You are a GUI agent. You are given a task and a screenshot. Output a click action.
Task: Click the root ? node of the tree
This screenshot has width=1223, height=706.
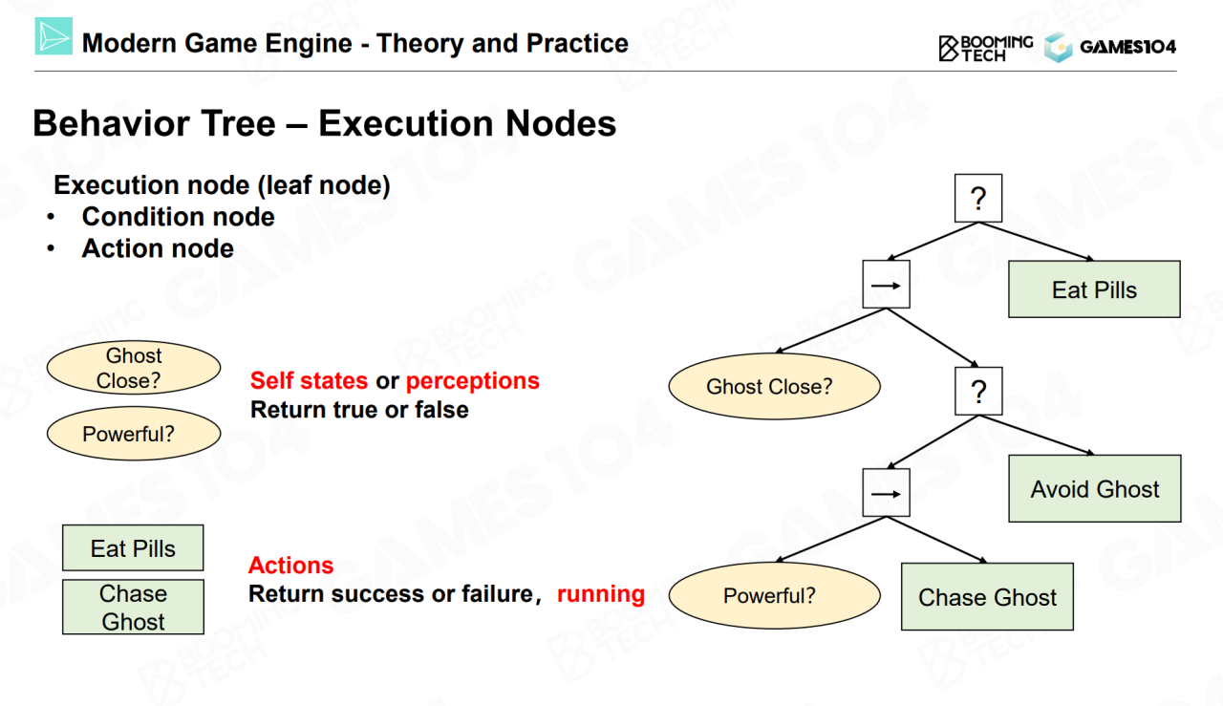point(977,198)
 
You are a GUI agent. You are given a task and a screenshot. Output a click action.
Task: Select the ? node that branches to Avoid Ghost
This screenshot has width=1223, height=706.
point(978,391)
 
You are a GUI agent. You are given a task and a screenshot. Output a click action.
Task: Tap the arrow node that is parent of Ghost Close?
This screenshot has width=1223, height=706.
point(886,285)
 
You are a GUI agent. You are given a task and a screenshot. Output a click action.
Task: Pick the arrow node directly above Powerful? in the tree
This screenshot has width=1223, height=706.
point(886,493)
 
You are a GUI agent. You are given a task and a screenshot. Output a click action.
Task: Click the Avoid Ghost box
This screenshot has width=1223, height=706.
point(1095,488)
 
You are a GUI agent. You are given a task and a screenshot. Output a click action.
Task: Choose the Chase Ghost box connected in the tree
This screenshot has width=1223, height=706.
point(987,596)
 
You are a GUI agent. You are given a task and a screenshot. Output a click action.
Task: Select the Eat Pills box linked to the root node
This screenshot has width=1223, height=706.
point(1094,289)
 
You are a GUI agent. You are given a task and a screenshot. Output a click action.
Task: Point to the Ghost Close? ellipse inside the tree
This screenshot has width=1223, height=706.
point(774,386)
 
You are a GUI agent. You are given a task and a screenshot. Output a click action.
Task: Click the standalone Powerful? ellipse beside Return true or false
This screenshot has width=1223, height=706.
point(134,434)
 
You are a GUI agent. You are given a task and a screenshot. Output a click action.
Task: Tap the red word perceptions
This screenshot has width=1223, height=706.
point(473,380)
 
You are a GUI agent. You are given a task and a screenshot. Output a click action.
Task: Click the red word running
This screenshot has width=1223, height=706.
point(601,593)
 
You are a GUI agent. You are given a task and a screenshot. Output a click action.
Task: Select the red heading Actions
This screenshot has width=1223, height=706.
point(291,566)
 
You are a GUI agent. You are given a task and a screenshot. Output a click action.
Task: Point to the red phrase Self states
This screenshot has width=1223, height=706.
point(309,380)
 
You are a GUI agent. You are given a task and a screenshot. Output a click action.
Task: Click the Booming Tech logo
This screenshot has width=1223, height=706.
point(985,48)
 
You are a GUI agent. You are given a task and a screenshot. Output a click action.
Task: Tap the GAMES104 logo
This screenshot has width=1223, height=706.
point(1110,47)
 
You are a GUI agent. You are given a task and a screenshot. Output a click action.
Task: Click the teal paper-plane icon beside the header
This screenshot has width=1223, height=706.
point(54,36)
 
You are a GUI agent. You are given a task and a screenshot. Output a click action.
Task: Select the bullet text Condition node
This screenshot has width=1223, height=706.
point(178,217)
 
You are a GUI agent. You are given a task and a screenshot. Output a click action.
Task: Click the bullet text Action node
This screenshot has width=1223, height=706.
point(158,248)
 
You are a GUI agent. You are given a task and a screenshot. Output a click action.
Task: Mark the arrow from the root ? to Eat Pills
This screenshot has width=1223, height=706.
point(1036,241)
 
